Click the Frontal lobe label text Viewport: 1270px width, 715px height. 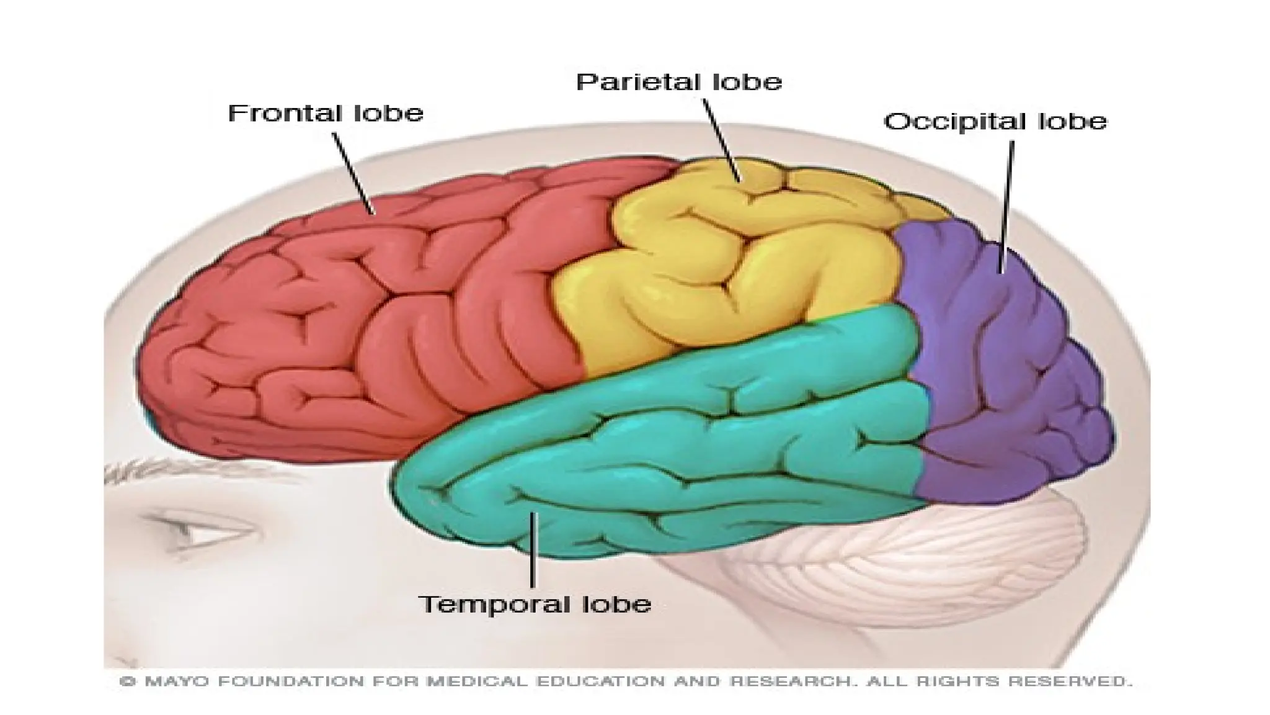326,113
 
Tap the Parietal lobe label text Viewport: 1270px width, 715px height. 679,82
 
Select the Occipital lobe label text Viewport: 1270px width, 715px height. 995,121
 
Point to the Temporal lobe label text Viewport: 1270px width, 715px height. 535,604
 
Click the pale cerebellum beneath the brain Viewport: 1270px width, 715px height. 899,559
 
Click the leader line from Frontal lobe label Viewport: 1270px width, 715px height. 353,174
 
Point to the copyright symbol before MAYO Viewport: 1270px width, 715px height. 128,681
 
